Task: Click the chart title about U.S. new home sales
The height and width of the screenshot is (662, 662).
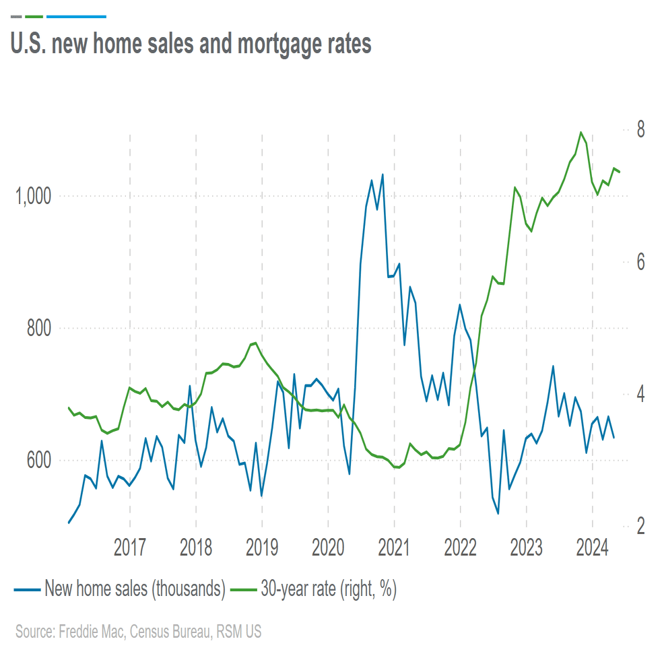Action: tap(191, 44)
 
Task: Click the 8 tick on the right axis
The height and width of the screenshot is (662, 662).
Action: tap(642, 129)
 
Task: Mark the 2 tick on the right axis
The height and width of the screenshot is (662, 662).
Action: tap(642, 526)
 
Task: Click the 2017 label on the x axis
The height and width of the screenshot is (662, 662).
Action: tap(129, 548)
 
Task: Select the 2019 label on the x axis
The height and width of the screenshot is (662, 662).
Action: tap(262, 548)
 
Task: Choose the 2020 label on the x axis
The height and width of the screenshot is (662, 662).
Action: tap(328, 548)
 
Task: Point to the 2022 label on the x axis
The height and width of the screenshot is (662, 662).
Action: tap(461, 548)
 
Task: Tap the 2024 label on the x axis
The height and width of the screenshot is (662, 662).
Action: tap(593, 548)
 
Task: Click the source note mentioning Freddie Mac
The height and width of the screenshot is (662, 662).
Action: tap(138, 632)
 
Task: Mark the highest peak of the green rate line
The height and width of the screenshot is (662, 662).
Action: tap(581, 132)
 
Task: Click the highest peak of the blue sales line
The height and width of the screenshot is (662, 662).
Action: tap(383, 174)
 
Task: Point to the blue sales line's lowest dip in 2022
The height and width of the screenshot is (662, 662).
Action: tap(498, 514)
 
